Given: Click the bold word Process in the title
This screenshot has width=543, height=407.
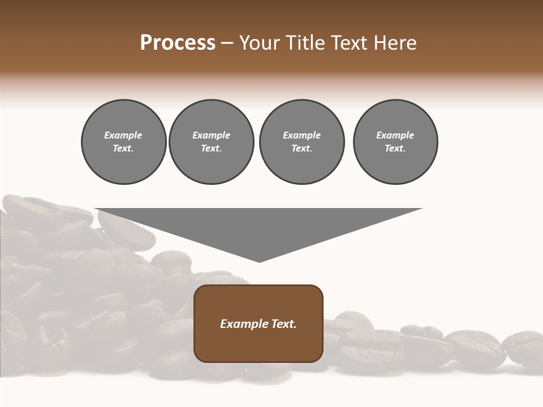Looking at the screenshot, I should coord(178,43).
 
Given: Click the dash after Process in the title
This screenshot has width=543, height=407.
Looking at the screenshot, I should coord(227,44).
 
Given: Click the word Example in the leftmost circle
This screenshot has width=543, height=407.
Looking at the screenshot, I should coord(123,135).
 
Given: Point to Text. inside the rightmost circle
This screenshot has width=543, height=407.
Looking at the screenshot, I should coord(395,149).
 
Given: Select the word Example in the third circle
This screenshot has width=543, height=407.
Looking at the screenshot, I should coord(301,135).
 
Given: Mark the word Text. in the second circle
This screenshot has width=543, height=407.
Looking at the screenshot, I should coord(211,149).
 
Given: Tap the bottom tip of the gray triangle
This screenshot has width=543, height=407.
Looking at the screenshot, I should coord(259,261).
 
